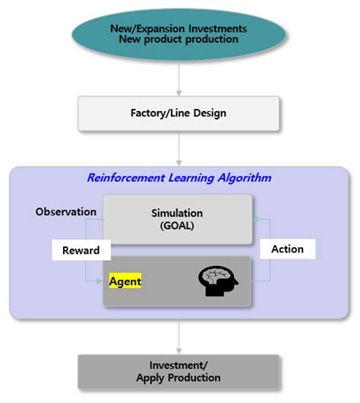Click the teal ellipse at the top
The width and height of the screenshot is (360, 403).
pos(179,33)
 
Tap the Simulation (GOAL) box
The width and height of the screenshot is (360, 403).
pos(178,220)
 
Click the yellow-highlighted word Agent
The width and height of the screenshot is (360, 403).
pos(125,281)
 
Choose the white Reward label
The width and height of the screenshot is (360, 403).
pos(76,250)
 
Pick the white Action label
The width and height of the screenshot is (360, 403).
pos(287,249)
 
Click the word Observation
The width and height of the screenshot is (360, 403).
pos(66,211)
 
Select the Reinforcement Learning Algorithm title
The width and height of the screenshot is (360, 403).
pos(179,178)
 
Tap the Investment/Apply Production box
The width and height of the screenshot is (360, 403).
pos(180,371)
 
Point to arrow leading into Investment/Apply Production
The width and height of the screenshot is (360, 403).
pos(179,336)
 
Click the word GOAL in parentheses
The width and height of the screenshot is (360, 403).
pos(178,227)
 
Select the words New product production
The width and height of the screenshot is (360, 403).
pos(179,40)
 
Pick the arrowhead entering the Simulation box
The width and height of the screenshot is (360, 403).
pos(257,219)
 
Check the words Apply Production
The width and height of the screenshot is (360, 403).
pos(180,377)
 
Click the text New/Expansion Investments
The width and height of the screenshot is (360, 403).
pos(179,27)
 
